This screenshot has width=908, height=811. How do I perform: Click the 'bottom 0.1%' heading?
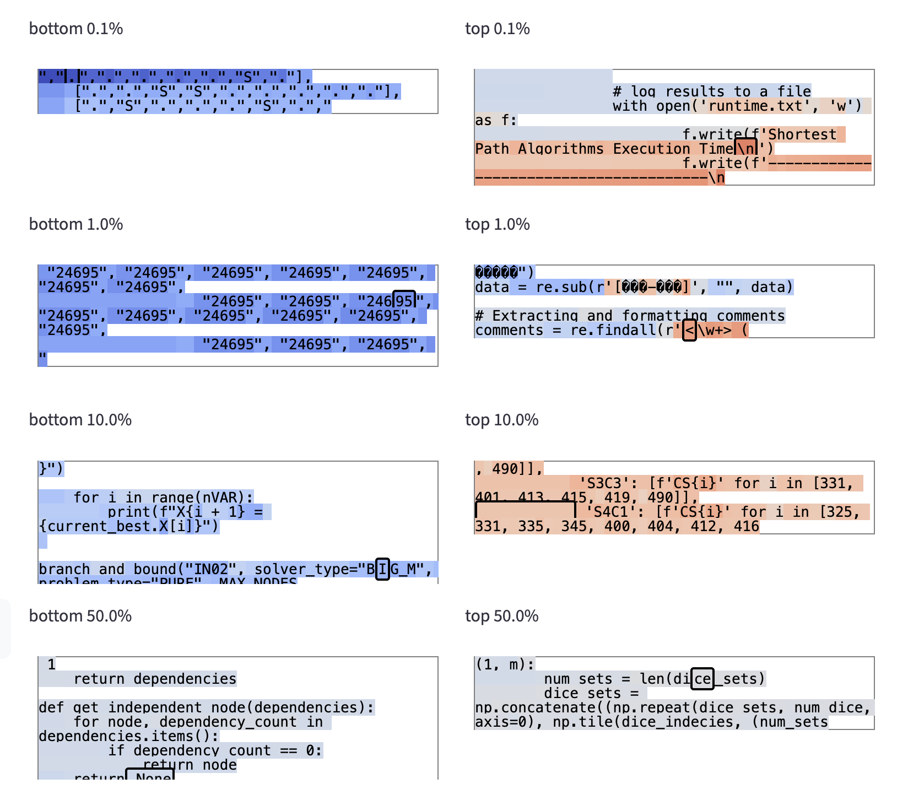click(x=76, y=29)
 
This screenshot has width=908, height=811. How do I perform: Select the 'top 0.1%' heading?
click(x=497, y=29)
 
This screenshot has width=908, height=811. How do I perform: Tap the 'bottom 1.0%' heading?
click(x=76, y=224)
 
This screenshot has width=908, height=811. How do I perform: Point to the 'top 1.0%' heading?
click(x=497, y=224)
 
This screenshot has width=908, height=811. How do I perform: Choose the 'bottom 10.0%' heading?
click(x=80, y=420)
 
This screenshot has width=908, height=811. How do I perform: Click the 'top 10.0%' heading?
click(x=501, y=420)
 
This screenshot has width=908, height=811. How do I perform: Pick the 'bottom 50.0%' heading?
click(x=80, y=616)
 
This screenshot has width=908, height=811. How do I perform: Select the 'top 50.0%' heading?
click(x=501, y=616)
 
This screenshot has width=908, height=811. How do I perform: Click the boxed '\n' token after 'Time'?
click(x=746, y=149)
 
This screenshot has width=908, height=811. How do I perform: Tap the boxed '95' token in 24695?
click(x=404, y=301)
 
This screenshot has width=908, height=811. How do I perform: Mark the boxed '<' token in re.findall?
click(x=689, y=331)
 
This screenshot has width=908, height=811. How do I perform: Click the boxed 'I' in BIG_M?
click(x=382, y=569)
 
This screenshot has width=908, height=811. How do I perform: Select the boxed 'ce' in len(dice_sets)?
click(x=702, y=679)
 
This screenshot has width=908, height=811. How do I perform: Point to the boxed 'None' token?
click(x=150, y=776)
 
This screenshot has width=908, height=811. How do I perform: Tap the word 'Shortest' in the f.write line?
click(x=802, y=134)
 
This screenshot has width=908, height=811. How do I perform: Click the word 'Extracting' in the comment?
click(x=535, y=316)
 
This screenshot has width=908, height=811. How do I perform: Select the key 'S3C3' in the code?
click(x=604, y=483)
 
